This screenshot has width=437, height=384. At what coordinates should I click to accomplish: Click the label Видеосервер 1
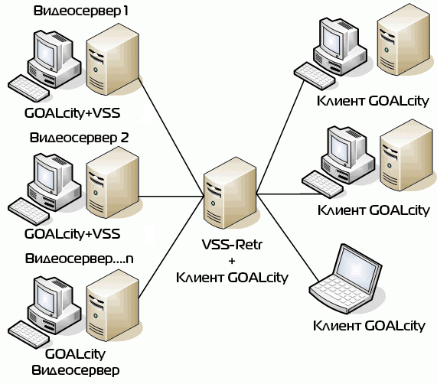point(81,11)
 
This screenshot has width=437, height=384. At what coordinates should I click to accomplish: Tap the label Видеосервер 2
point(79,138)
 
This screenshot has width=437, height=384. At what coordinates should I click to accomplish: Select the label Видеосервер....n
point(79,259)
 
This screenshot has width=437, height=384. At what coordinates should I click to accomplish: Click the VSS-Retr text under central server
point(232,245)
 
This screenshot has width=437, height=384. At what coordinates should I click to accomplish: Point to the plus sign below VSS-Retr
point(232,261)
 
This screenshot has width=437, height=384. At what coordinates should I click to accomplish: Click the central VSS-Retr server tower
point(230,193)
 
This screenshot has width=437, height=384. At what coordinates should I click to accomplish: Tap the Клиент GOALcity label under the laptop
point(369,326)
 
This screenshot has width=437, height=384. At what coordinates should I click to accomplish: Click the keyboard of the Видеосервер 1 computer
point(29,88)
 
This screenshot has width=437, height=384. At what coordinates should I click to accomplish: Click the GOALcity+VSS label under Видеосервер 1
point(73,113)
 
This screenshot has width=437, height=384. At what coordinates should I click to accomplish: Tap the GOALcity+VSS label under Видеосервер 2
point(73,234)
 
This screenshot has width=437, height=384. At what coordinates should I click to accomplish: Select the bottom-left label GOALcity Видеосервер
point(75,362)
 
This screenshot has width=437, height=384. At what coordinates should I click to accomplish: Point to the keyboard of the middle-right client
point(322,184)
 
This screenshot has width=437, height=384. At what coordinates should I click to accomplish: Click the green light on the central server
point(214,203)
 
